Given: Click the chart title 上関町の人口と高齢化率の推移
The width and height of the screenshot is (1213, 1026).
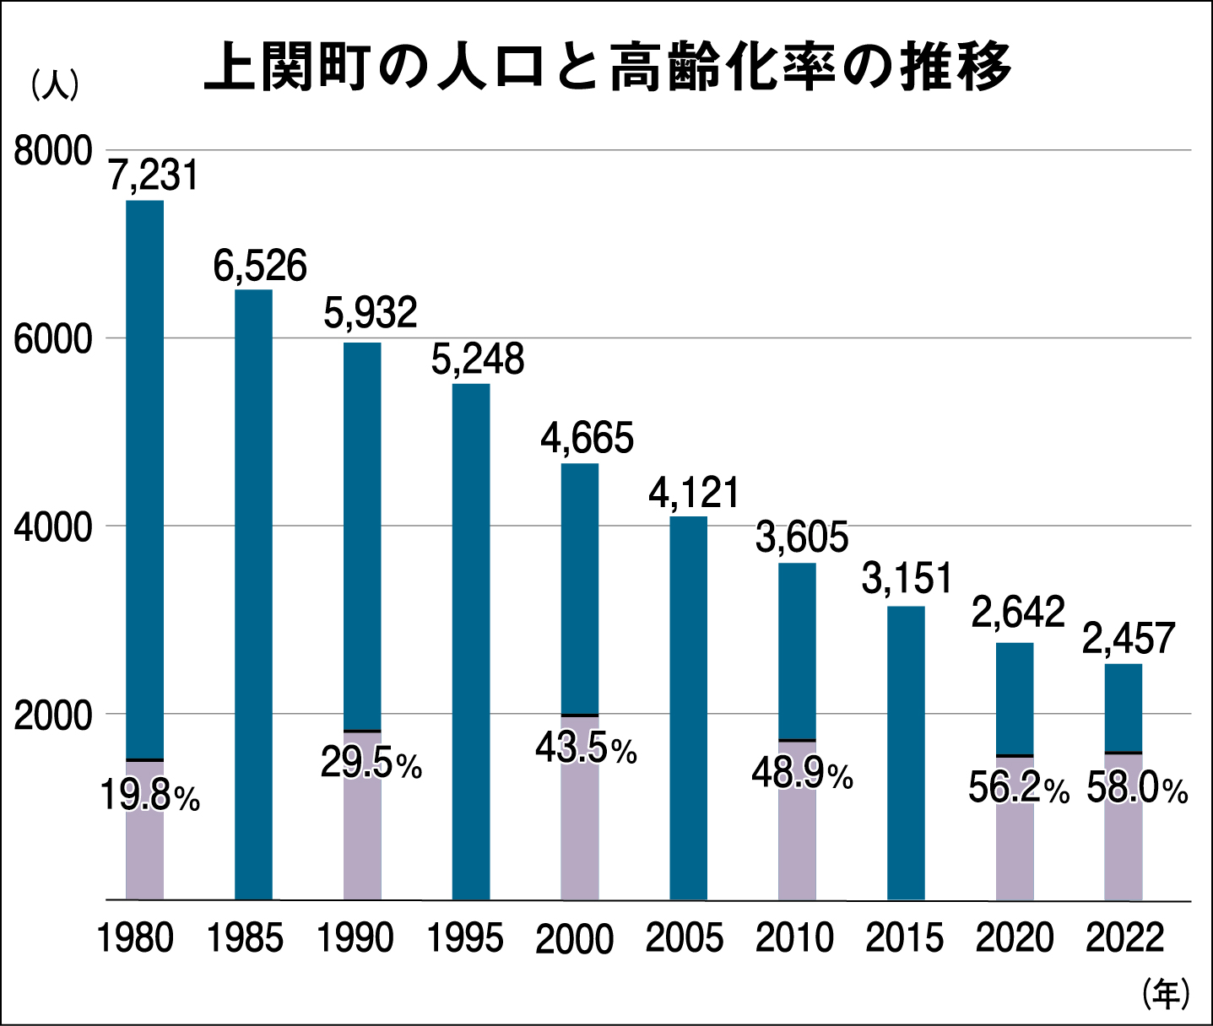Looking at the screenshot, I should (608, 67).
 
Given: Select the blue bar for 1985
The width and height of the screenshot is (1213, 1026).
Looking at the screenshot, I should (253, 591).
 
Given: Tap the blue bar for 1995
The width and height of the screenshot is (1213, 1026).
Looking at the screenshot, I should (471, 641).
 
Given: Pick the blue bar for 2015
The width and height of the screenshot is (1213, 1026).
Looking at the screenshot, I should (906, 751).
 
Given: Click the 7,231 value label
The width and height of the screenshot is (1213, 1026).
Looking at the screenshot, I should (154, 175).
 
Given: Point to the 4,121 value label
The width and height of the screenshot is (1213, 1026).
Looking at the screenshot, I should (694, 493).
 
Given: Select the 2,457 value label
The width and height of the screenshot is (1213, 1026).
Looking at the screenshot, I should (1129, 639).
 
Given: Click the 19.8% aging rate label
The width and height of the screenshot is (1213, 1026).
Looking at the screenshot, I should (149, 796).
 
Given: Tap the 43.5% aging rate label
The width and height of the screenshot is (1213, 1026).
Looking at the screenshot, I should (586, 748).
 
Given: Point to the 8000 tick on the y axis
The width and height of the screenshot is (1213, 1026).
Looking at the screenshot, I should (52, 152).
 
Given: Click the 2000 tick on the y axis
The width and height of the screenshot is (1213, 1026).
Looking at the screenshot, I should (52, 715).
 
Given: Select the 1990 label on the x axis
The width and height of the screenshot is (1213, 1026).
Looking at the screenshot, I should (355, 938).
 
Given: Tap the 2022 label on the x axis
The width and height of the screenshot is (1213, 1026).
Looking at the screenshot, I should (1124, 938).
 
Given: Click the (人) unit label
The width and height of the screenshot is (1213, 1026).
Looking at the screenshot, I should (55, 86).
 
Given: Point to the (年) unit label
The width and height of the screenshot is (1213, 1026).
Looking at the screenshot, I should (1165, 993).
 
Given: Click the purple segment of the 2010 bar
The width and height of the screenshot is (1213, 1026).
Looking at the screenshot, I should (797, 844).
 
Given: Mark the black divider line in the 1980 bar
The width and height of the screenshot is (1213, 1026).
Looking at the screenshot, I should (144, 760).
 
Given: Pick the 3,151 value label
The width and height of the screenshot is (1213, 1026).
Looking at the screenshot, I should (907, 579).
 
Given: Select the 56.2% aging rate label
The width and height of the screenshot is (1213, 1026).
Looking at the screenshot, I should (1018, 789).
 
